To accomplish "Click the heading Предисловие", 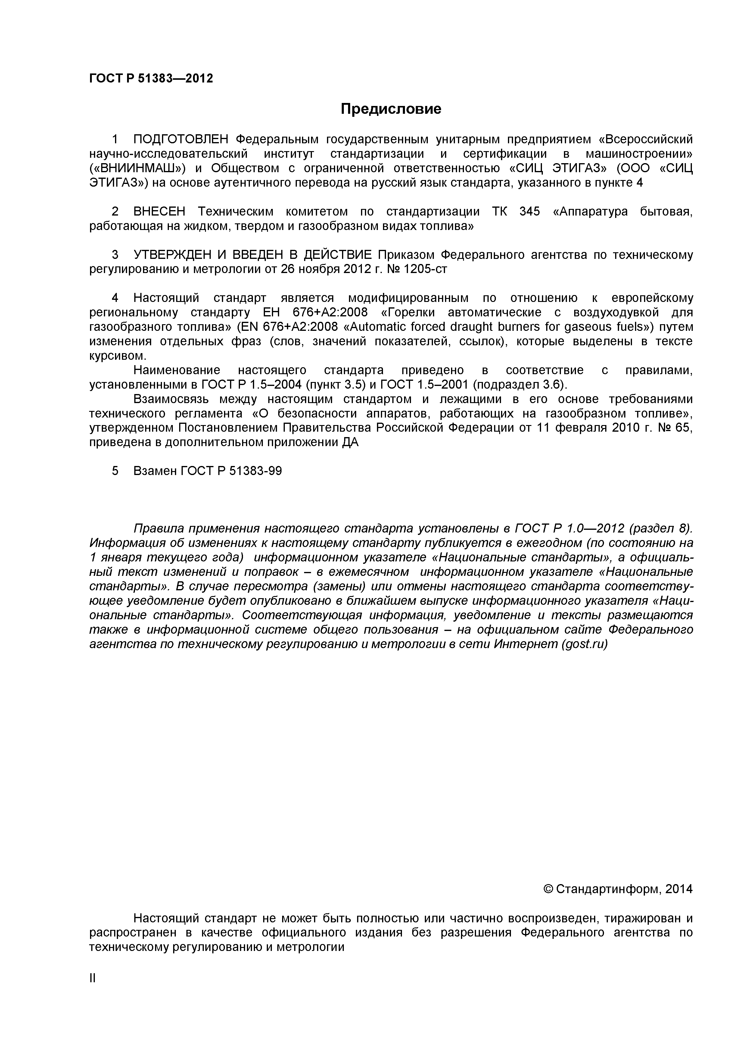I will point(391,109).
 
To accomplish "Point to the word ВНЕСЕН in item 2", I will point(160,212).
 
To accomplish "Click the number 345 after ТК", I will point(529,212).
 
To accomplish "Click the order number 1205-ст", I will point(425,269).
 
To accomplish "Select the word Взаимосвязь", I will point(172,399).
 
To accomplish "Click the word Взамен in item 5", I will point(154,471).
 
